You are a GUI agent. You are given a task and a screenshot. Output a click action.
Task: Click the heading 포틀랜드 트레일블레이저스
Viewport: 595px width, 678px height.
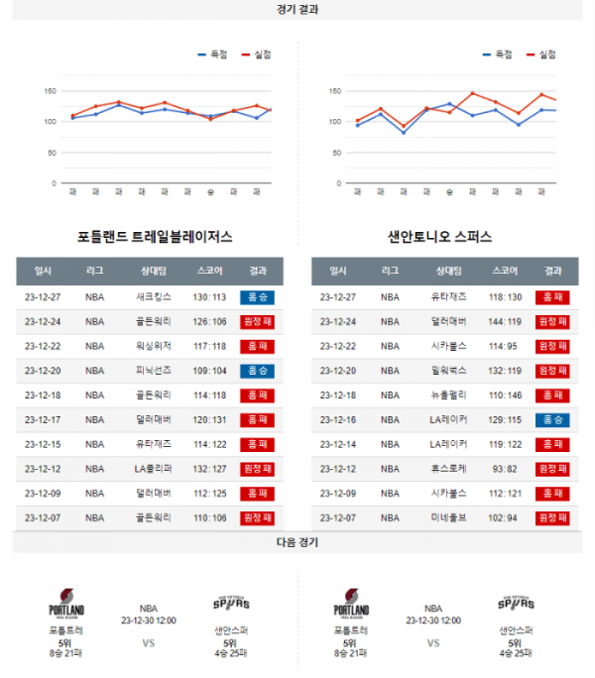pos(155,237)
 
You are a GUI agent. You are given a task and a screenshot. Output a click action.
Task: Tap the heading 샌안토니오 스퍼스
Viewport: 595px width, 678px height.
pos(440,237)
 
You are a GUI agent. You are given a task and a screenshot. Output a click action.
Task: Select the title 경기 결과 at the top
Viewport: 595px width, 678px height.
pos(297,9)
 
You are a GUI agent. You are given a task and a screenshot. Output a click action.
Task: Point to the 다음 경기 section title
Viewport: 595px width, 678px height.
pos(297,543)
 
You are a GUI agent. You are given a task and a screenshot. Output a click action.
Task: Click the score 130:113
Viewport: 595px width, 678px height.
pos(210,296)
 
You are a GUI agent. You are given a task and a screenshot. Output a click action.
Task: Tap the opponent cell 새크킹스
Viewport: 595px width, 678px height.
pos(154,296)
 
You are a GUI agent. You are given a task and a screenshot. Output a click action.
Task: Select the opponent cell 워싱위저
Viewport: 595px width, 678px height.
pos(154,346)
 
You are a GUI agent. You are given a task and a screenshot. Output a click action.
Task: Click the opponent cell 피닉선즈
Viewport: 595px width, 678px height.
pos(154,370)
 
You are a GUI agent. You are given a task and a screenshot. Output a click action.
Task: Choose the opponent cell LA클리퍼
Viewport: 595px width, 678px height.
pos(154,468)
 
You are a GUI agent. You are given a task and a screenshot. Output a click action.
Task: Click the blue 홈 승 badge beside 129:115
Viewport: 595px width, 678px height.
pos(552,419)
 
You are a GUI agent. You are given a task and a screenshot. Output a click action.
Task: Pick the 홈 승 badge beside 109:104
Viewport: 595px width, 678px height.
pos(258,370)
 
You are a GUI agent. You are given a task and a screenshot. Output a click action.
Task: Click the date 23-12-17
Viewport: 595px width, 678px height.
pos(43,419)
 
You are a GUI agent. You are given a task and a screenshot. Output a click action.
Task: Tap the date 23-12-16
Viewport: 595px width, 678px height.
pos(337,419)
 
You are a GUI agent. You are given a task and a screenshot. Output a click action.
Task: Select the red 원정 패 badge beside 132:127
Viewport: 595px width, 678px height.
pos(258,468)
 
